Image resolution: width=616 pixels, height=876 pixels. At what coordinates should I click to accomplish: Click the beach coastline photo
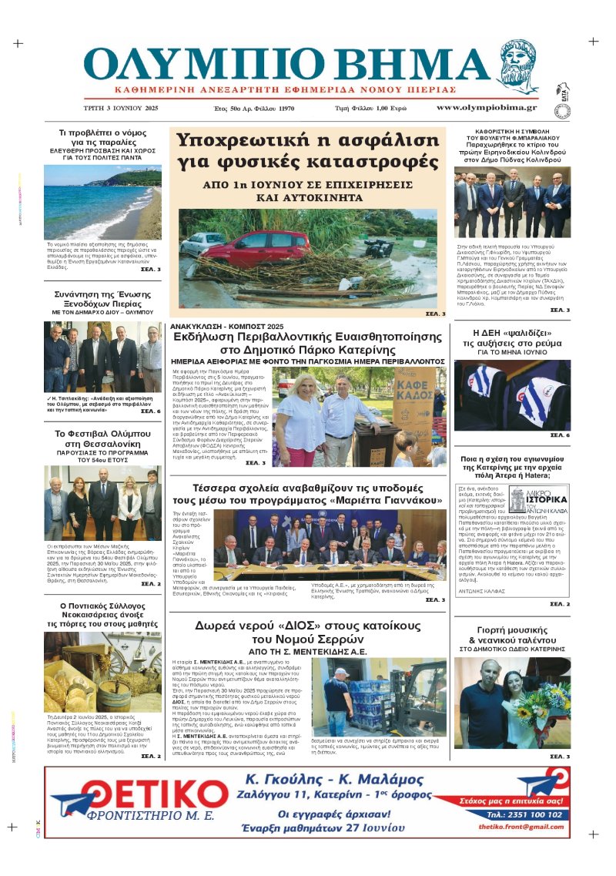102,202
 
